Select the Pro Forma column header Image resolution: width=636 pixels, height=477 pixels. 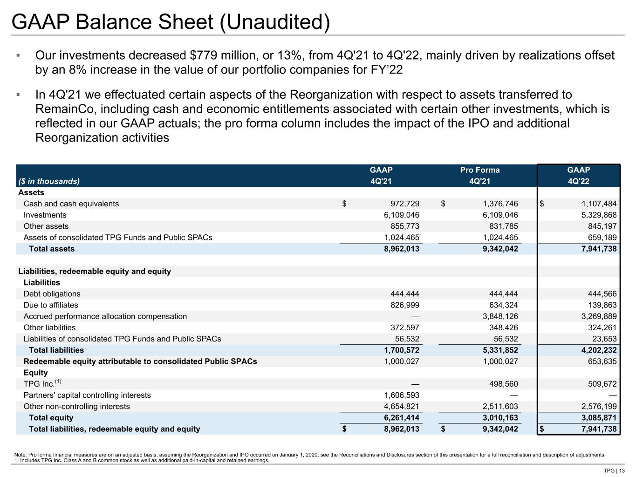coord(479,170)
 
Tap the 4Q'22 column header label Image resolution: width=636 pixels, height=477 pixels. coord(578,181)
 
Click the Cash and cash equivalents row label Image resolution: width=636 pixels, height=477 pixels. coord(71,204)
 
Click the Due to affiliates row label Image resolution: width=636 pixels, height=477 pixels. coord(51,305)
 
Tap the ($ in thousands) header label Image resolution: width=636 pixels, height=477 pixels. coord(49,181)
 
